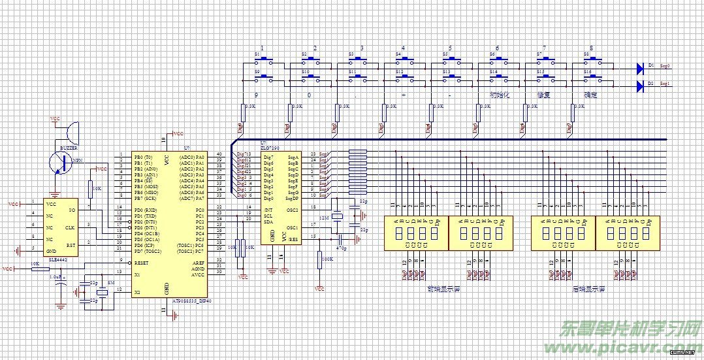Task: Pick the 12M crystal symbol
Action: click(x=337, y=217)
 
